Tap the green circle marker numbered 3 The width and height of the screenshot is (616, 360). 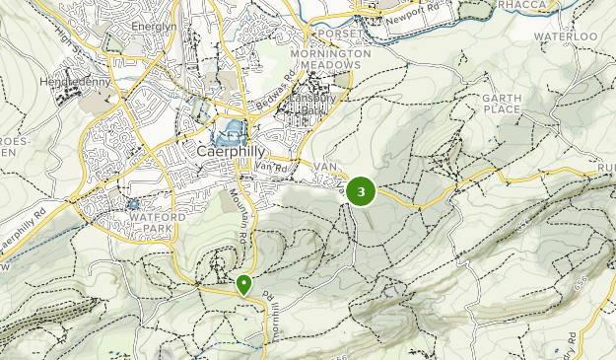362,191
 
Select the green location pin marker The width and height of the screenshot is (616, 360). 243,285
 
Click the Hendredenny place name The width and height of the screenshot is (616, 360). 72,82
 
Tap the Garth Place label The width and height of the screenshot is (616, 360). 500,104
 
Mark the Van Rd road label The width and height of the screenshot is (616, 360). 269,167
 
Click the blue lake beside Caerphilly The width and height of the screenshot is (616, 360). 229,128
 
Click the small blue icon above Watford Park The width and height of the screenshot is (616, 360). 132,204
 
